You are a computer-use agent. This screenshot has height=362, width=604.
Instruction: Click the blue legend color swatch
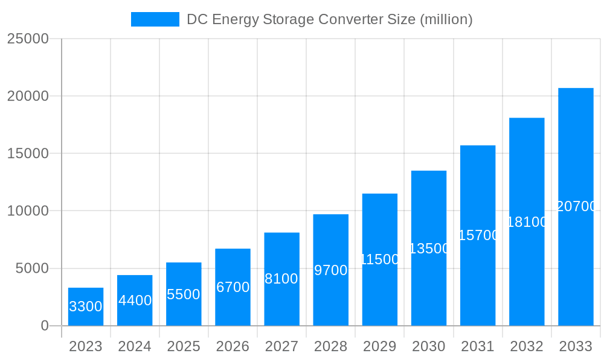tap(155, 19)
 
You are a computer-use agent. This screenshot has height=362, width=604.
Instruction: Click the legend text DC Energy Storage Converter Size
tap(329, 19)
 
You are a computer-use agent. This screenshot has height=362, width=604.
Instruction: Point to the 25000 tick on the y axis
tap(27, 39)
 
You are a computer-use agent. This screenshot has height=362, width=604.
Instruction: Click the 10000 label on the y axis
tap(27, 211)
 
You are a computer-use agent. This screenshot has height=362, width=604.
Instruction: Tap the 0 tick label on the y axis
tap(44, 326)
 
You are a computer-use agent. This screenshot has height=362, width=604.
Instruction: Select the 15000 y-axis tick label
tap(27, 154)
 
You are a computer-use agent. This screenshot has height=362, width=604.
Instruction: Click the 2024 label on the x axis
tap(135, 346)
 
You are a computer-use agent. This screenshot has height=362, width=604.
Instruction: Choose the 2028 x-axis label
tap(330, 346)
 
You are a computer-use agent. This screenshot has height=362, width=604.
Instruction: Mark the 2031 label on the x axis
tap(478, 346)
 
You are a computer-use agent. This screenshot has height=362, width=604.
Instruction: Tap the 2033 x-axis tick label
tap(576, 346)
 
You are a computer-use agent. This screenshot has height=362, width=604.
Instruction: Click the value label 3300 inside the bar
tap(86, 306)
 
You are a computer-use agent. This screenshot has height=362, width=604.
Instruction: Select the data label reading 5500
tap(184, 294)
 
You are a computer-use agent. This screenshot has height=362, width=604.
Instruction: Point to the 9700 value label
tap(331, 270)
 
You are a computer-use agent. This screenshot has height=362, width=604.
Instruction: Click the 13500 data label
tap(429, 249)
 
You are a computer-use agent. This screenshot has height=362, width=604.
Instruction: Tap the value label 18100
tap(527, 222)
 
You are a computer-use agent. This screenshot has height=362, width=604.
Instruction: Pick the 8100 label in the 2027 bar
tap(281, 279)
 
